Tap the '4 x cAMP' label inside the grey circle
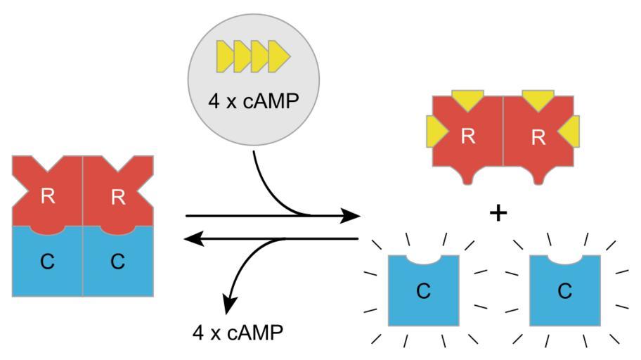[253, 101]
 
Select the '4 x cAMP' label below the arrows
[238, 330]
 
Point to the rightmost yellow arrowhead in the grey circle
[279, 56]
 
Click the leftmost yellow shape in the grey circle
[224, 56]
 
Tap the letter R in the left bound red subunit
[48, 197]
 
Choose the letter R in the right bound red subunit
[118, 197]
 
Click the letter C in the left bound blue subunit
[47, 262]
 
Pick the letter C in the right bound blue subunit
[117, 262]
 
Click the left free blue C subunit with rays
[423, 290]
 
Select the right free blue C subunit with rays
[564, 290]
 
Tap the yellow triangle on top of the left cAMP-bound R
[467, 99]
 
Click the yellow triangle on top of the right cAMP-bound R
[538, 99]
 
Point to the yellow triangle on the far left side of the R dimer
[435, 131]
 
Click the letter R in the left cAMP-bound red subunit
[468, 136]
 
